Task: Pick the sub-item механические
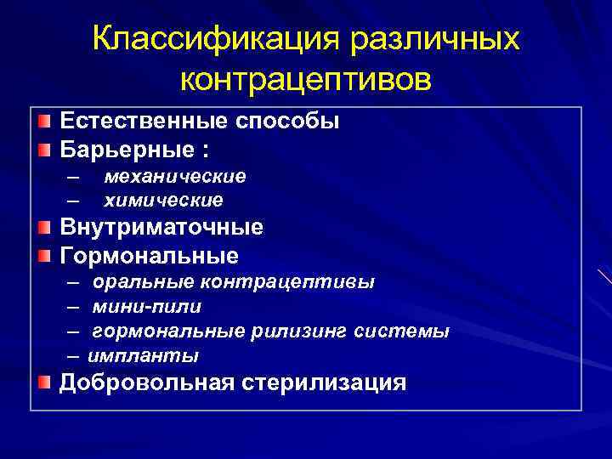point(175,176)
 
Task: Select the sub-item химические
point(163,201)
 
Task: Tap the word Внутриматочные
point(161,228)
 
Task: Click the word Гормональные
point(149,255)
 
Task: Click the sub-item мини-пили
point(147,306)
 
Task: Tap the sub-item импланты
point(143,355)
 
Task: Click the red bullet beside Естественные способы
point(44,122)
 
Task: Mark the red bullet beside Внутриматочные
point(44,228)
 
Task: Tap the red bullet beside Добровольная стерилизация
point(44,382)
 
